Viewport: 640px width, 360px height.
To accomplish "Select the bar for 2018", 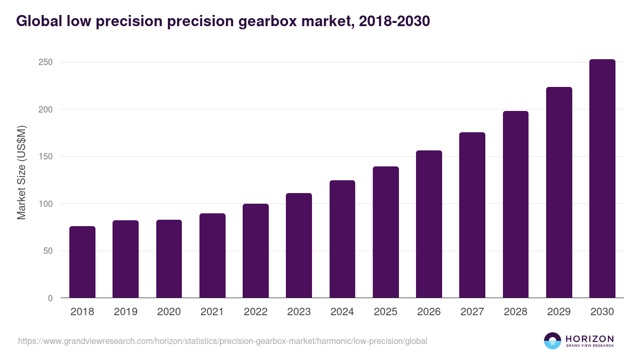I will coord(82,262).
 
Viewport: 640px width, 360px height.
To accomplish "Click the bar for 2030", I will coord(602,179).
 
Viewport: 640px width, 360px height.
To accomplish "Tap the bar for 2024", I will coord(342,239).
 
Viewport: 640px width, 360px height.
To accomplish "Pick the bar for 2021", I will coord(212,255).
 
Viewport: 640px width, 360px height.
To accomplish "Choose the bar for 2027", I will coord(472,215).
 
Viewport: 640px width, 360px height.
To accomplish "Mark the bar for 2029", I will coord(559,193).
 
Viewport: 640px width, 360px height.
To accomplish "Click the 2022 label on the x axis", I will coord(255,312).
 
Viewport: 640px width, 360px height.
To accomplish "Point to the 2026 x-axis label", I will coord(429,312).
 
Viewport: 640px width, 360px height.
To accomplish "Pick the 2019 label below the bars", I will coord(125,312).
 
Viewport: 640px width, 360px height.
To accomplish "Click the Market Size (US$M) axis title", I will coord(21,172).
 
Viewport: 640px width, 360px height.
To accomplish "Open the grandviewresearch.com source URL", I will coord(222,341).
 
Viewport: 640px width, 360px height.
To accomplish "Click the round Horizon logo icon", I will coord(553,341).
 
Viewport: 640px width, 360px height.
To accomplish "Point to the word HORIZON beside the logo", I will coord(589,339).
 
